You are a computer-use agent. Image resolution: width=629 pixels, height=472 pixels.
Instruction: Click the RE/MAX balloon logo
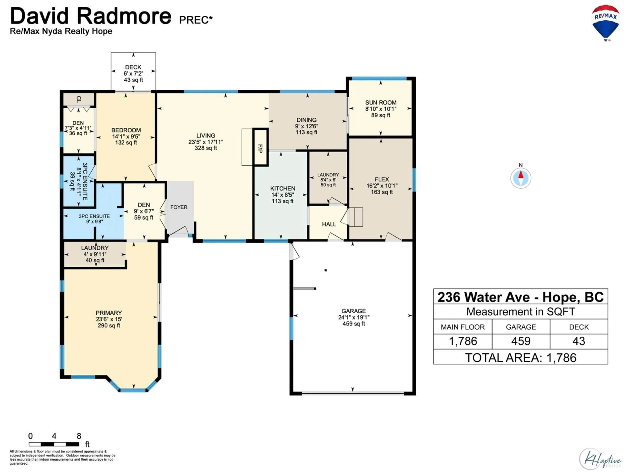(x=606, y=23)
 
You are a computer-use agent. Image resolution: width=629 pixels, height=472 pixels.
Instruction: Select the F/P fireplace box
(x=260, y=147)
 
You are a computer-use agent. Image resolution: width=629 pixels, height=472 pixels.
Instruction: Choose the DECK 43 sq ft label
(x=133, y=73)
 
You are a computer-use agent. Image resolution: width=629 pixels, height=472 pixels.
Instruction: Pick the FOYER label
(x=179, y=207)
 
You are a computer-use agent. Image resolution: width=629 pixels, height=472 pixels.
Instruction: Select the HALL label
(x=329, y=224)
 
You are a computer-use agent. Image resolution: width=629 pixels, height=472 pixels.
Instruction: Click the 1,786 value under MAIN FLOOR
(x=463, y=341)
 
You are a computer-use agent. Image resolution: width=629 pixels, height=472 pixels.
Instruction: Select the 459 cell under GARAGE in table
(x=521, y=341)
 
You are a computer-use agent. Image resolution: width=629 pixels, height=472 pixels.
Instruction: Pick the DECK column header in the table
(x=579, y=327)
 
